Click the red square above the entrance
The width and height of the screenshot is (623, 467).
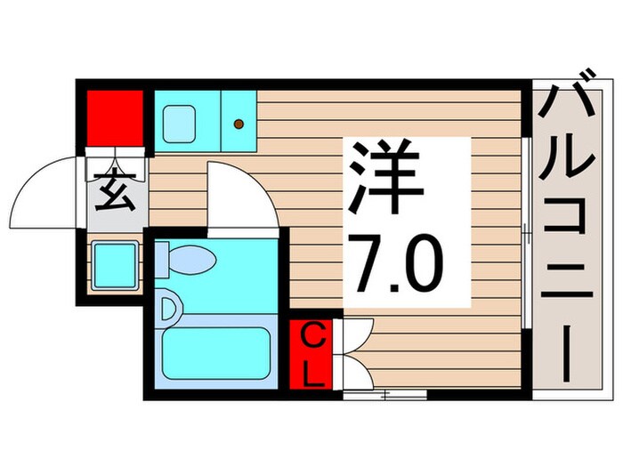click(115, 117)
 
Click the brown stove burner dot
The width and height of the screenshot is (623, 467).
click(239, 125)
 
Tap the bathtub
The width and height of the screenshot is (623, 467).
click(214, 355)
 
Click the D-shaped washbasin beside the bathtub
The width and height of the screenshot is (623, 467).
click(169, 310)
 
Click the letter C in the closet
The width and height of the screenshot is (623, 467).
click(311, 338)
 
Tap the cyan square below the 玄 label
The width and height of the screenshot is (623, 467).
click(115, 264)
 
